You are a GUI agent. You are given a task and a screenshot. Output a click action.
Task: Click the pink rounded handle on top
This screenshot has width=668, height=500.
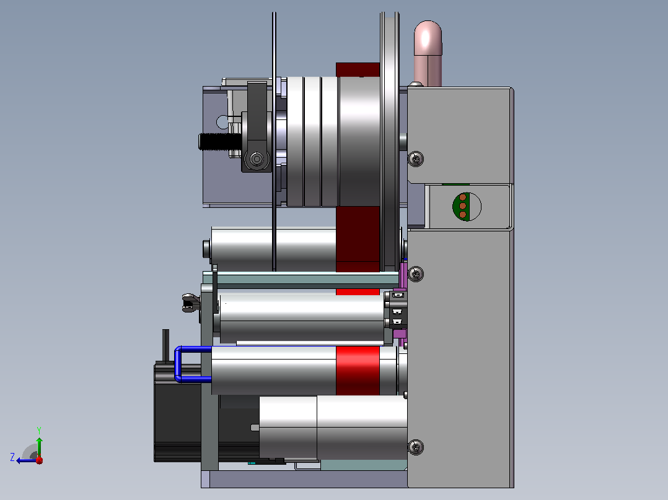click(x=428, y=53)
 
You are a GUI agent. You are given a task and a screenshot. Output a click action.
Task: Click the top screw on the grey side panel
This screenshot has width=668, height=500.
click(x=416, y=158)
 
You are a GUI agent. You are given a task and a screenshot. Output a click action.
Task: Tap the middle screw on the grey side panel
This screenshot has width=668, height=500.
click(x=416, y=274)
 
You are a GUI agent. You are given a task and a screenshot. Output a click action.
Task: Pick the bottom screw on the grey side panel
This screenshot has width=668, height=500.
click(x=416, y=447)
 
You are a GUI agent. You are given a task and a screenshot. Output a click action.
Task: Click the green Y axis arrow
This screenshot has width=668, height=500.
click(x=39, y=446)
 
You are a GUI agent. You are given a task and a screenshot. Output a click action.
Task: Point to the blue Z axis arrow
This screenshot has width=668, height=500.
click(x=27, y=460)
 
